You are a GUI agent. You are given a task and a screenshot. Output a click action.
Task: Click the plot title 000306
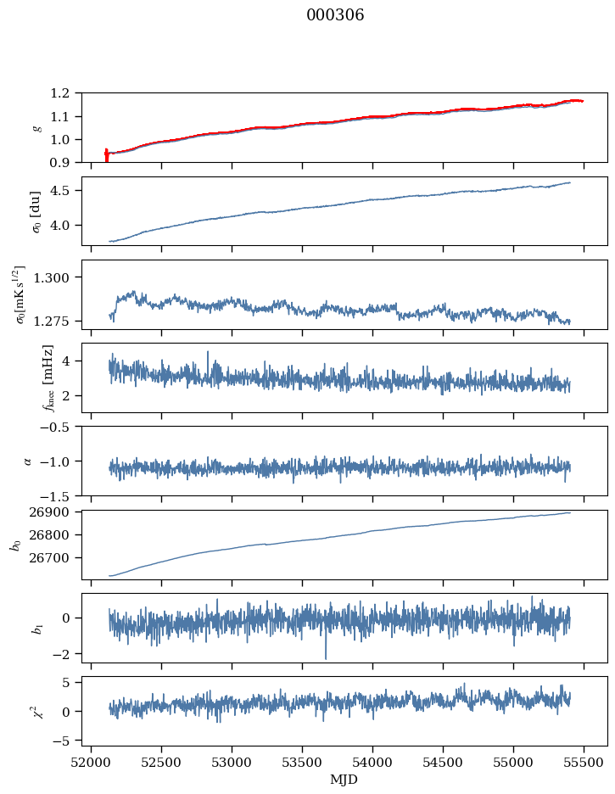pos(335,15)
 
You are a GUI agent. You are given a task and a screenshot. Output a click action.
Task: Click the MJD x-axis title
pos(344,780)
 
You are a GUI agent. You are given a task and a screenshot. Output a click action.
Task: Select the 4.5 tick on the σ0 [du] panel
pos(64,191)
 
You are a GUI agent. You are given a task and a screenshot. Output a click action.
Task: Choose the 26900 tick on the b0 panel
pos(51,512)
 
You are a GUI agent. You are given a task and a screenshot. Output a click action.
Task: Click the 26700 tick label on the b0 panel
pos(51,558)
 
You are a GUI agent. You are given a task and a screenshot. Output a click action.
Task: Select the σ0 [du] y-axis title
pos(36,211)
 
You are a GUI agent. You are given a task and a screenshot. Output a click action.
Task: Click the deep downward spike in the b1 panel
pos(325,657)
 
